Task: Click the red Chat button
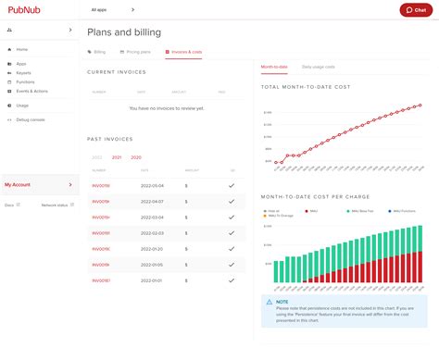(415, 10)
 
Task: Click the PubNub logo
(24, 10)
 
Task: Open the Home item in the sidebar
(22, 49)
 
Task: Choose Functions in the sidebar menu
(26, 82)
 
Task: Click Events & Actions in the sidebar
(31, 92)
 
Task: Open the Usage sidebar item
(23, 106)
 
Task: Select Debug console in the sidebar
(31, 119)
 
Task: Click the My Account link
(19, 184)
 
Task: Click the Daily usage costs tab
(318, 68)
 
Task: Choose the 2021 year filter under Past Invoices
(117, 157)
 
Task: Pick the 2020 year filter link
(136, 157)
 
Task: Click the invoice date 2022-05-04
(151, 186)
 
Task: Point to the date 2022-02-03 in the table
(151, 233)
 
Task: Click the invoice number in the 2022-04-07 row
(101, 202)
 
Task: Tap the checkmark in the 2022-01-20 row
(232, 249)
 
